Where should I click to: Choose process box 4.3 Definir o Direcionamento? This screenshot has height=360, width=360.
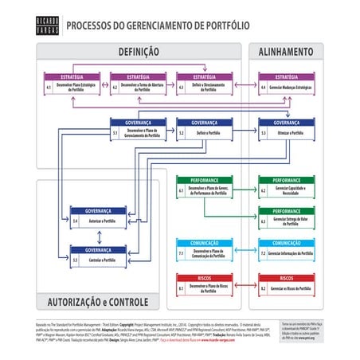199,84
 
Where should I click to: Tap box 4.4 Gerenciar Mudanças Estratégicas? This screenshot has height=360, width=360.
286,84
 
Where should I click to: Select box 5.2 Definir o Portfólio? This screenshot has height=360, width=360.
199,131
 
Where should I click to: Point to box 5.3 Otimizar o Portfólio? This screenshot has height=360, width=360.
286,131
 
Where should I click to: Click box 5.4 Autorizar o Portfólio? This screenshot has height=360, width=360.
93,217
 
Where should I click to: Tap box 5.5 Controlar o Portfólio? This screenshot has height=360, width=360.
93,256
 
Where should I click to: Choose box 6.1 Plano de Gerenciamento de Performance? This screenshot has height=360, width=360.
199,189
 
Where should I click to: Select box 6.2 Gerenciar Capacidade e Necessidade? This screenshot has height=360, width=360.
286,189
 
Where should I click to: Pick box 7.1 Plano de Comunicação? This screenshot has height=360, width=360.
199,250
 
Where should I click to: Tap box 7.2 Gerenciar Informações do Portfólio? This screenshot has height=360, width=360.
286,250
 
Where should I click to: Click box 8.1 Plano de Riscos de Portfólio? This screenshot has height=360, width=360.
199,285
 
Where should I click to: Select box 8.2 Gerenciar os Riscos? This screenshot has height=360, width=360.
286,285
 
